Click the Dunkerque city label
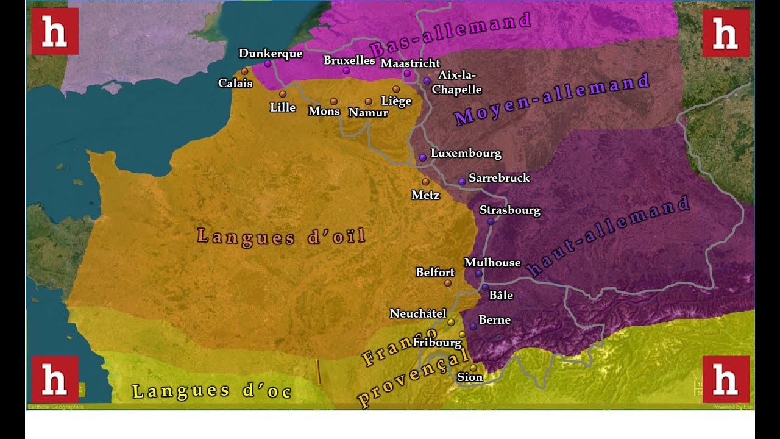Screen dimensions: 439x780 pyautogui.click(x=271, y=54)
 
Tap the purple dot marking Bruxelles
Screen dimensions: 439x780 pyautogui.click(x=346, y=71)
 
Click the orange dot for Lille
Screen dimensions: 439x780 pyautogui.click(x=283, y=94)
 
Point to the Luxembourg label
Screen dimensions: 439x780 pyautogui.click(x=466, y=153)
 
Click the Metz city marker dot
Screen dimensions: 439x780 pyautogui.click(x=425, y=182)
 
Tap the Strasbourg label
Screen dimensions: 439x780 pyautogui.click(x=509, y=210)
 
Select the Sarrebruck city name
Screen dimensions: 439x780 pyautogui.click(x=499, y=178)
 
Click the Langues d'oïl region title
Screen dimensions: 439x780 pyautogui.click(x=282, y=237)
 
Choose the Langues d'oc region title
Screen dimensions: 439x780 pyautogui.click(x=212, y=391)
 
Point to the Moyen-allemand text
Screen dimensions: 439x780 pyautogui.click(x=552, y=99)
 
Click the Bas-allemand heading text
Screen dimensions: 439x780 pyautogui.click(x=450, y=35)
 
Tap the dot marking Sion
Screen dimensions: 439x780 pyautogui.click(x=473, y=368)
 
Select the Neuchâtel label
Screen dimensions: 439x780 pyautogui.click(x=418, y=313)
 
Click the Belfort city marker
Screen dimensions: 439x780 pyautogui.click(x=448, y=283)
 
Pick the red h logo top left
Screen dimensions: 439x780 pyautogui.click(x=55, y=31)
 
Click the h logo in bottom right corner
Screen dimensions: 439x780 pyautogui.click(x=726, y=379)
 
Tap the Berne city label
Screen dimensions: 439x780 pyautogui.click(x=494, y=320)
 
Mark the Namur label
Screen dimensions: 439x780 pyautogui.click(x=368, y=113)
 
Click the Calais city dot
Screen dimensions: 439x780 pyautogui.click(x=244, y=71)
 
